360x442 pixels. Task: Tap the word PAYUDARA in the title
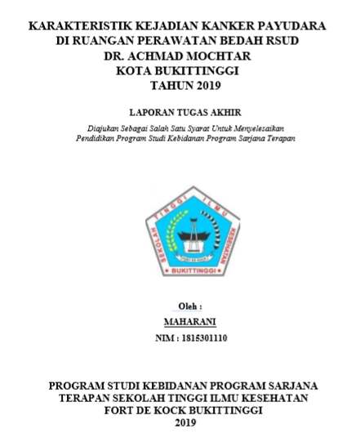[x=291, y=26]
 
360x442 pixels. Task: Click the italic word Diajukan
[x=106, y=129]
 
